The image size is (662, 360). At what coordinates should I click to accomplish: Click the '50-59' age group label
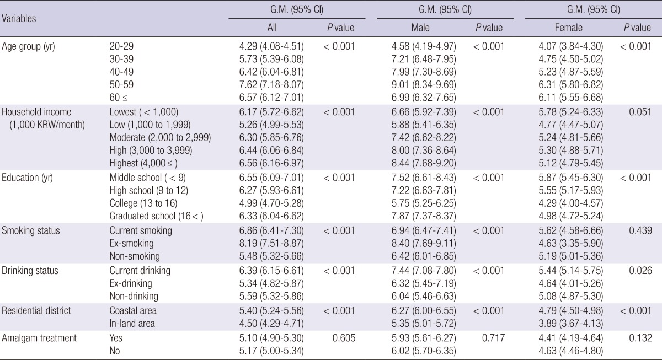(x=121, y=84)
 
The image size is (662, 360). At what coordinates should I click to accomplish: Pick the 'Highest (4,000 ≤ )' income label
(x=144, y=164)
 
